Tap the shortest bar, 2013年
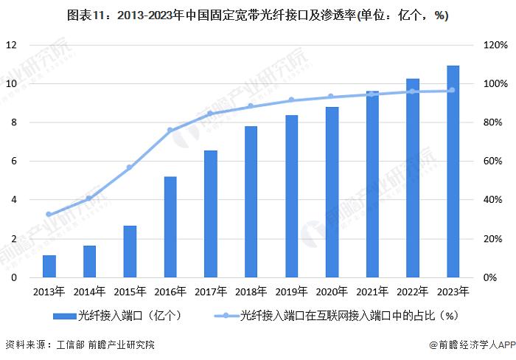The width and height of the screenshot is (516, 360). pos(49,266)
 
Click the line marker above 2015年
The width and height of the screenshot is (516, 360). pos(130,167)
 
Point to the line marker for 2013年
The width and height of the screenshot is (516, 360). pos(49,215)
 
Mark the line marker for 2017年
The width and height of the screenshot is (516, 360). pos(211,114)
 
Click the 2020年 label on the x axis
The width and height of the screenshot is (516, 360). pos(332,291)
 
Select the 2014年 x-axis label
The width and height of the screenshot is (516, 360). pos(89,291)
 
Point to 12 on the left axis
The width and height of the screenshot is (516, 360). pos(12,45)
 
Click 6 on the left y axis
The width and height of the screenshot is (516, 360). pos(14,162)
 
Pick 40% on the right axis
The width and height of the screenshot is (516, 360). pos(489,200)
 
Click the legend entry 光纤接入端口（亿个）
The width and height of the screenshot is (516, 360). pos(119,316)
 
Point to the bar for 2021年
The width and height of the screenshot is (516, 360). pos(372,184)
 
